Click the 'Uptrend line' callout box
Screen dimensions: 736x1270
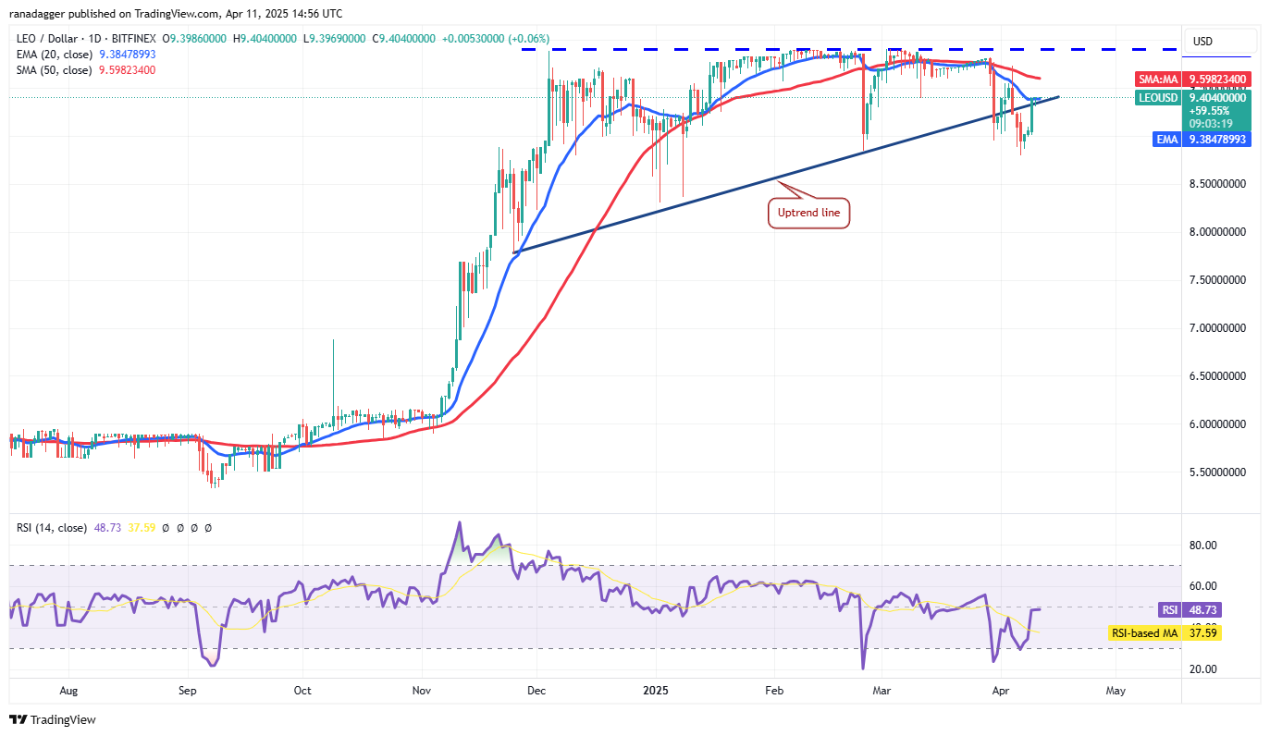pos(808,214)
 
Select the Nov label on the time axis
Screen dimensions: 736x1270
pos(422,690)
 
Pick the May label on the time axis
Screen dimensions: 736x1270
pos(1116,690)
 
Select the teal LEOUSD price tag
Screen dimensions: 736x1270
pos(1159,97)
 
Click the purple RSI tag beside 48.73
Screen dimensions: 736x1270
pos(1169,610)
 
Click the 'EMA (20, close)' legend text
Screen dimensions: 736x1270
pos(54,55)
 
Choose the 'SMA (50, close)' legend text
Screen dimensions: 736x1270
pos(54,69)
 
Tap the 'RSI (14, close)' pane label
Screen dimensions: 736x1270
pos(51,528)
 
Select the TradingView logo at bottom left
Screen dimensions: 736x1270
pos(54,719)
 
